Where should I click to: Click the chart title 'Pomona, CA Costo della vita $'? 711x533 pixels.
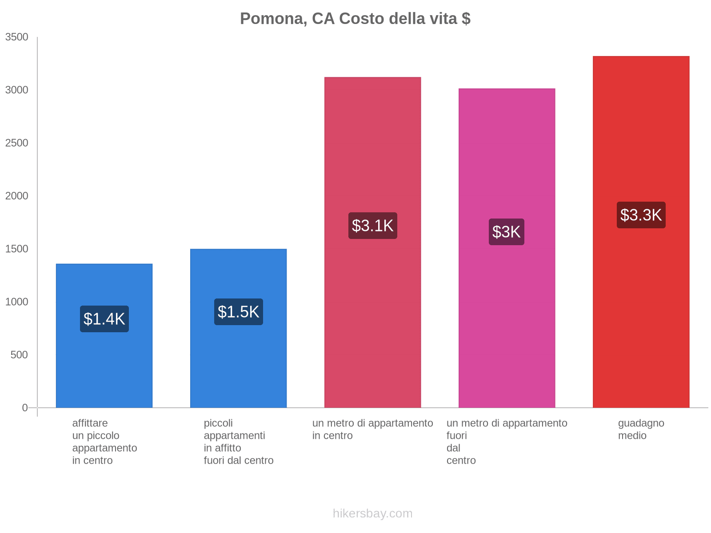(x=355, y=19)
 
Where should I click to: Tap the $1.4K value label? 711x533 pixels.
(x=104, y=319)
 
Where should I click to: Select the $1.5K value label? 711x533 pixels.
(x=239, y=312)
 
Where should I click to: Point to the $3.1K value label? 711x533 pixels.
(x=372, y=226)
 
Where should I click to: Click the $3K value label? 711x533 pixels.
(x=507, y=232)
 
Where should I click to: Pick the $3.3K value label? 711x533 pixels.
(x=641, y=215)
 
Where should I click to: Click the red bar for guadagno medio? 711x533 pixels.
(x=641, y=311)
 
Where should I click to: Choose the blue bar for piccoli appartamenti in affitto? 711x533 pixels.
(x=239, y=364)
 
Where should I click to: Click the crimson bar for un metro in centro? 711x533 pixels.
(x=372, y=311)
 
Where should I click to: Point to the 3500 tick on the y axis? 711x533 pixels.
(x=17, y=37)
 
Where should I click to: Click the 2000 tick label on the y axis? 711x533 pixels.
(x=17, y=196)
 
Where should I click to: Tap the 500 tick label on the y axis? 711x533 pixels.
(x=20, y=355)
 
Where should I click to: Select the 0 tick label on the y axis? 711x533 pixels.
(x=25, y=408)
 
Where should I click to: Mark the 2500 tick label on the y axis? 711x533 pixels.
(x=17, y=143)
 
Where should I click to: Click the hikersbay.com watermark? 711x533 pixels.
(x=372, y=513)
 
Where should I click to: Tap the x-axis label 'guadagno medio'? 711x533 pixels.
(x=641, y=429)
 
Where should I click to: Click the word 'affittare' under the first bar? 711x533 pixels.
(x=90, y=423)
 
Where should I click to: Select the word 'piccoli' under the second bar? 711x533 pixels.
(x=218, y=423)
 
